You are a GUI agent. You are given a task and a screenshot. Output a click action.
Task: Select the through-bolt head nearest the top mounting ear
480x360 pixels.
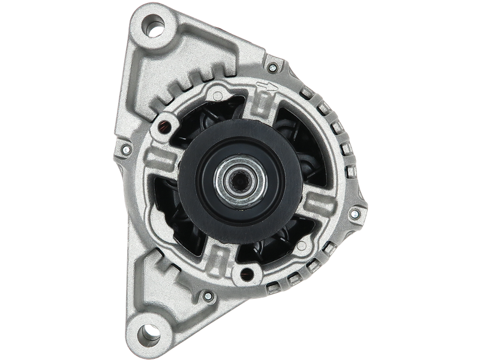click(274, 67)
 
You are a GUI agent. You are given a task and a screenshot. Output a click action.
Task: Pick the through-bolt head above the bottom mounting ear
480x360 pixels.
click(208, 295)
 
